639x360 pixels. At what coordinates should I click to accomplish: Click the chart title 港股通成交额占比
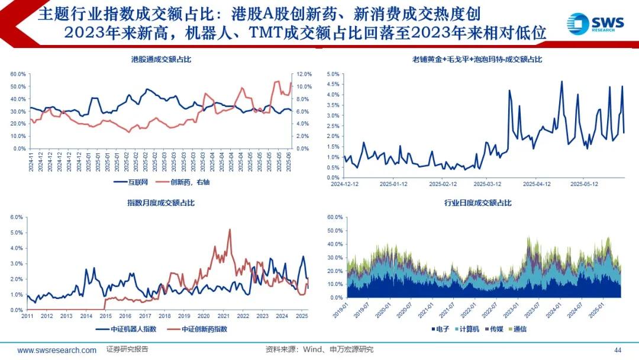161,59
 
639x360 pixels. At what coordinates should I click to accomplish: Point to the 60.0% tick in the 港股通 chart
18,74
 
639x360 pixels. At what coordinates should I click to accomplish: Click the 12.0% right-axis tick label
303,74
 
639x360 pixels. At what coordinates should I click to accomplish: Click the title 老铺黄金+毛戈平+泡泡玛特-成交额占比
477,59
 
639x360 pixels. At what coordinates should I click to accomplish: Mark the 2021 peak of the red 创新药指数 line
230,230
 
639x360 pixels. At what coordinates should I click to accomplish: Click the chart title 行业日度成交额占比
477,203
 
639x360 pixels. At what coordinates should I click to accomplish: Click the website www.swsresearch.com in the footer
57,350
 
